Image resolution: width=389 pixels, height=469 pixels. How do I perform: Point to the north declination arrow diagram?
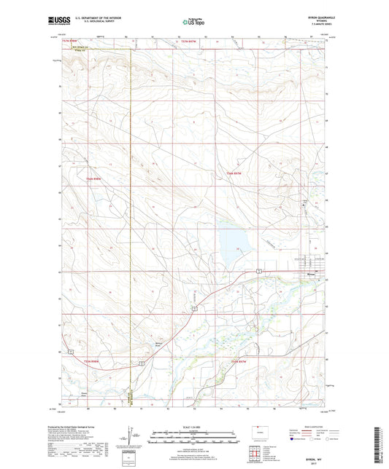pyautogui.click(x=134, y=438)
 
